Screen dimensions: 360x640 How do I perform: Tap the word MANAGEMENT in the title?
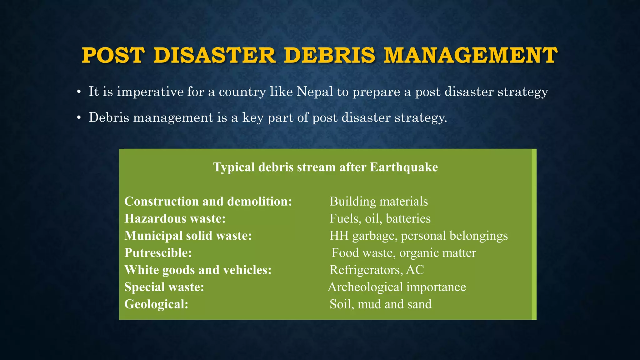[x=470, y=55]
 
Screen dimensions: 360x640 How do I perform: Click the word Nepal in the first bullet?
[x=315, y=92]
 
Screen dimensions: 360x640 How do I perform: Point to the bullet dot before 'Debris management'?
[x=79, y=118]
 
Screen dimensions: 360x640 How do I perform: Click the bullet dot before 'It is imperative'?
[x=79, y=92]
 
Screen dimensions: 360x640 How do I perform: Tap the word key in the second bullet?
[x=253, y=118]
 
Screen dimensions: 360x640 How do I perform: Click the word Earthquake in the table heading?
[x=404, y=167]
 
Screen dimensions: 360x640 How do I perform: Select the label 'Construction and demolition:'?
[x=208, y=201]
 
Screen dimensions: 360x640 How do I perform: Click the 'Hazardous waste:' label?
[x=175, y=218]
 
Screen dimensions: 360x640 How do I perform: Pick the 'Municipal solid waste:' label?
[x=188, y=236]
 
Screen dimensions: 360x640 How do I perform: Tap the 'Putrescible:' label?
[x=158, y=253]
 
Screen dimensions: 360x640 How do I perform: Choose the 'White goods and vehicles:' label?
[x=198, y=270]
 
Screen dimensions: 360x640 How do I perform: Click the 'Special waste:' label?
[x=164, y=287]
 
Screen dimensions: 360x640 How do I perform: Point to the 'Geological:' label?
[x=157, y=304]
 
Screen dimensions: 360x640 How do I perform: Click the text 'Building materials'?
[x=379, y=201]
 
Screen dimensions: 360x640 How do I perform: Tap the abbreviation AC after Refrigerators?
[x=415, y=270]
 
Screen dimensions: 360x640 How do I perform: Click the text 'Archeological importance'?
[x=397, y=287]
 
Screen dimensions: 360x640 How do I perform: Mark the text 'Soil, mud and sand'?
[x=381, y=304]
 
